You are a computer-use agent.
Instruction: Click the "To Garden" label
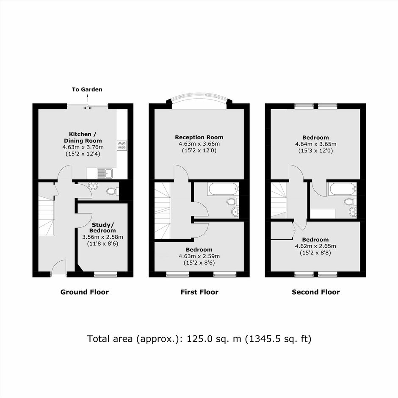tap(87, 89)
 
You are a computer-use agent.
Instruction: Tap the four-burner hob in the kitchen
tap(122, 146)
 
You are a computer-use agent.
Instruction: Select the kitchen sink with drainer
tap(105, 174)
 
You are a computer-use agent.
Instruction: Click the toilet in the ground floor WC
tap(113, 191)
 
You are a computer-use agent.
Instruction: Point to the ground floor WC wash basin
tap(93, 185)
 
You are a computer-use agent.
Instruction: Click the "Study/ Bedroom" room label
tap(102, 228)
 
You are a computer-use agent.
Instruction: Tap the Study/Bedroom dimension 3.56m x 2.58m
tap(102, 237)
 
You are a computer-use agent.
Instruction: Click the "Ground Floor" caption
tap(85, 292)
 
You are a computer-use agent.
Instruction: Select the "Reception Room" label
tap(199, 137)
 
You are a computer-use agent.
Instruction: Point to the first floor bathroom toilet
tap(233, 202)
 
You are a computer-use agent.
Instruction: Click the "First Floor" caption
tap(199, 292)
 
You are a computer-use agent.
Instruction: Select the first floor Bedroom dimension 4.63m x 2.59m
tap(199, 256)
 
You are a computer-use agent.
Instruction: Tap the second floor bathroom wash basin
tap(353, 211)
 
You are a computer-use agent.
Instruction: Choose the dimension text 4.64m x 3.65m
tap(315, 144)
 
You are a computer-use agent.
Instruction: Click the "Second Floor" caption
tap(316, 292)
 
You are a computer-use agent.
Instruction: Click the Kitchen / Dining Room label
tap(83, 137)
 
